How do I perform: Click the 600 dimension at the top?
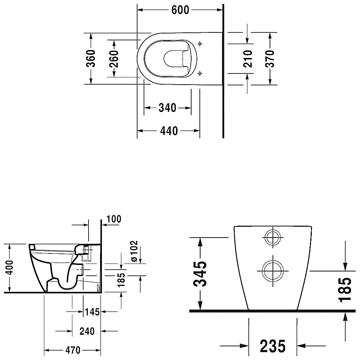(x=180, y=10)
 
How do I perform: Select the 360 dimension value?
(x=91, y=58)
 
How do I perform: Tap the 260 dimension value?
(x=114, y=59)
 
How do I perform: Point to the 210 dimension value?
(x=248, y=59)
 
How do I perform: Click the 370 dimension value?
(x=270, y=59)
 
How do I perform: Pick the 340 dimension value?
(x=167, y=108)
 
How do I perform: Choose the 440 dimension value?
(x=169, y=131)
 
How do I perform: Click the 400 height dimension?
(x=10, y=268)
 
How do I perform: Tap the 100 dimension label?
(x=114, y=219)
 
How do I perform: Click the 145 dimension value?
(x=92, y=312)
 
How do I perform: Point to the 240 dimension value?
(x=87, y=331)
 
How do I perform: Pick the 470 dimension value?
(x=73, y=350)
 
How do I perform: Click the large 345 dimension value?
(x=200, y=274)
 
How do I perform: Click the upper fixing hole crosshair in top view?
(x=200, y=44)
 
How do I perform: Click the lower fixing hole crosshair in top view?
(x=200, y=73)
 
